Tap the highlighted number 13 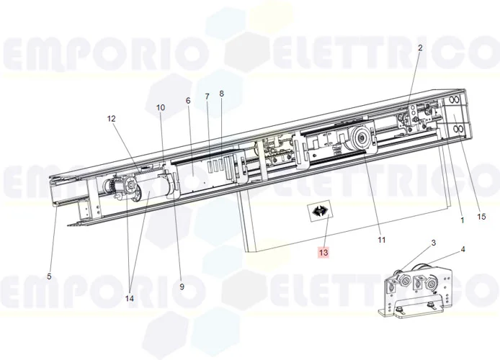pos(323,253)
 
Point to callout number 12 pos(112,118)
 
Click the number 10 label pos(161,107)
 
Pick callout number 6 pos(188,101)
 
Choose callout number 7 pos(207,96)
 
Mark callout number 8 pos(222,94)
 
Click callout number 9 pos(182,287)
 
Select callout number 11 pos(383,240)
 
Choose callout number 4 pos(463,250)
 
